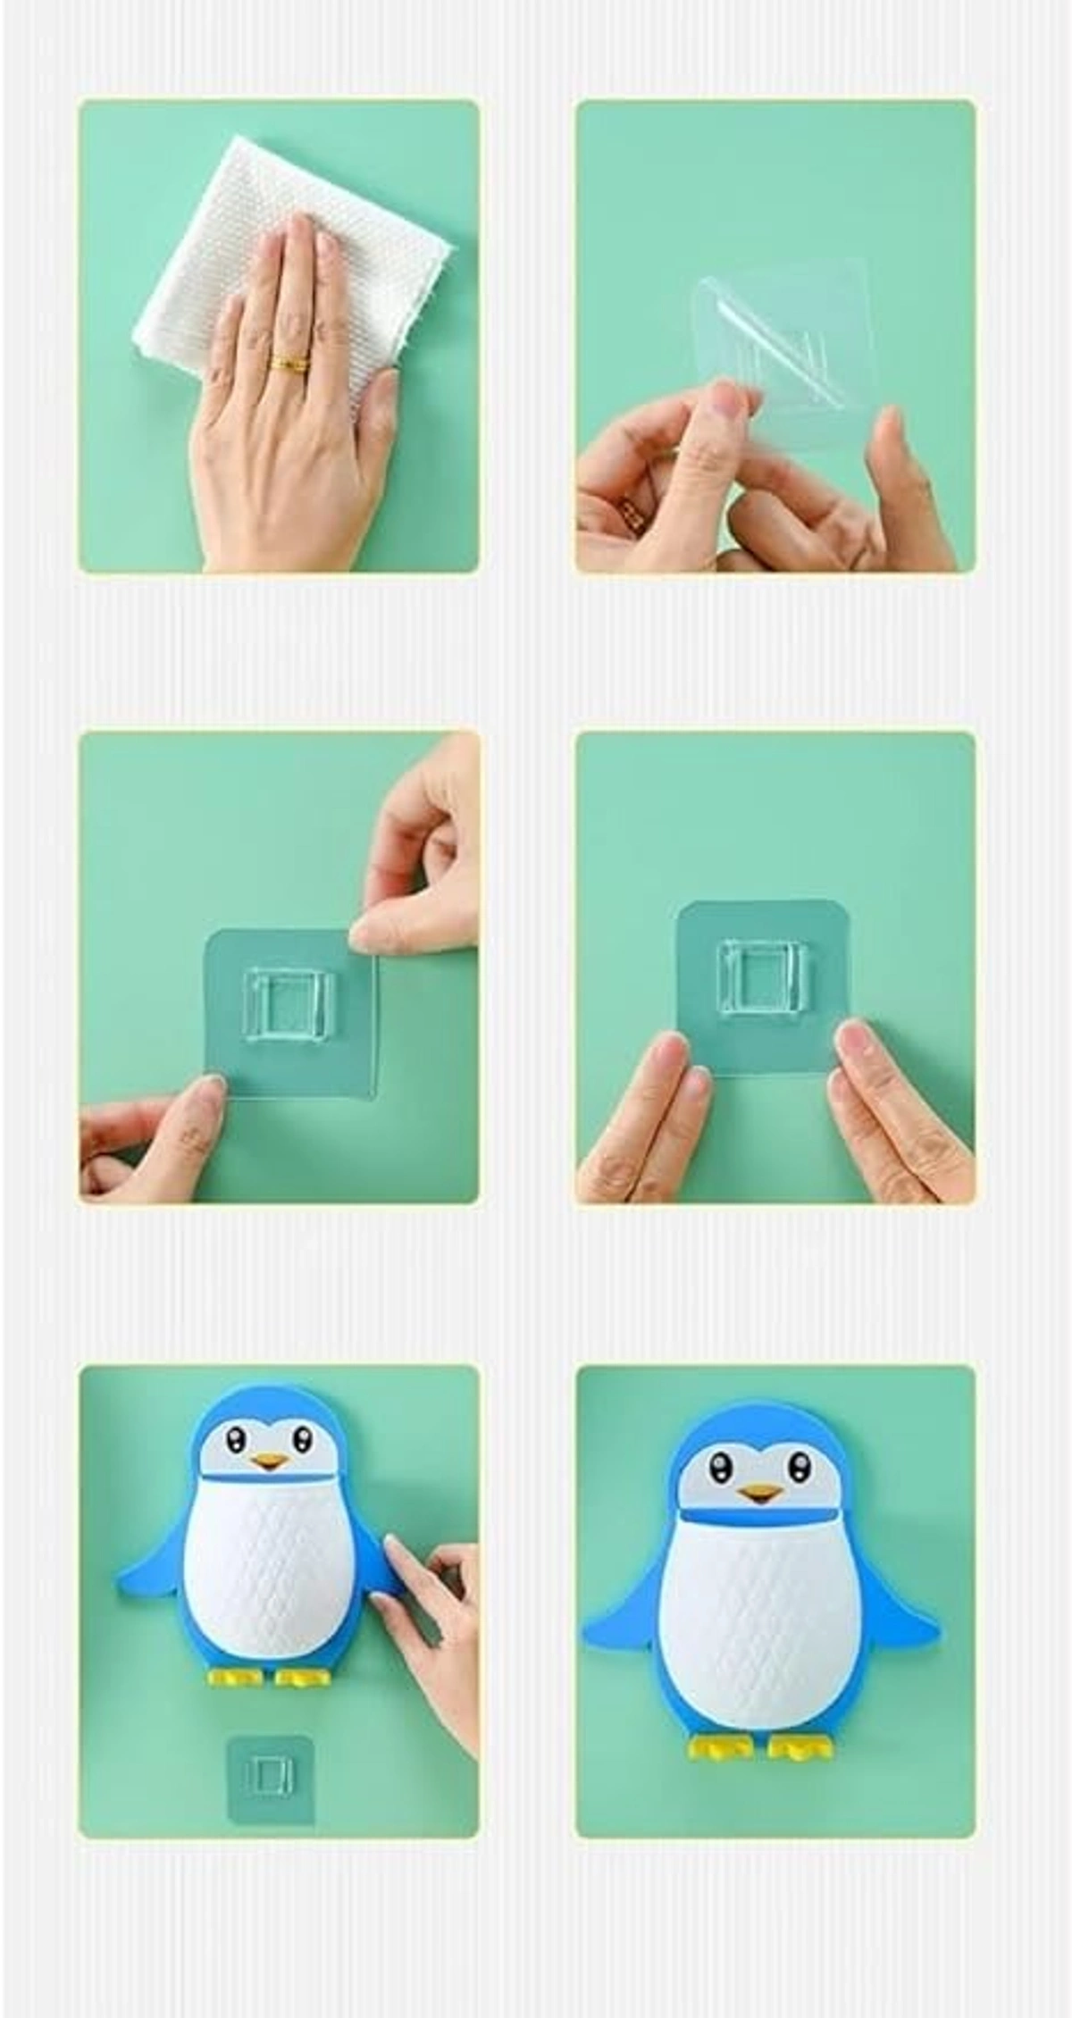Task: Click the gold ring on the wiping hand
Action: click(x=289, y=364)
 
